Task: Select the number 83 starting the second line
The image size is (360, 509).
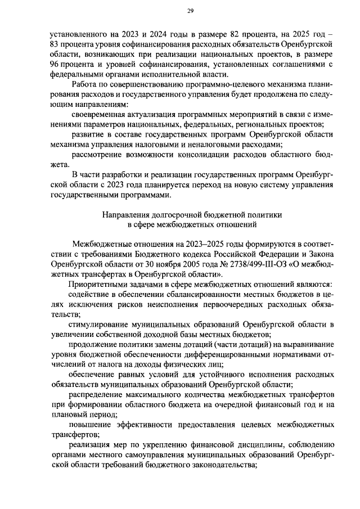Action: click(x=55, y=44)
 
